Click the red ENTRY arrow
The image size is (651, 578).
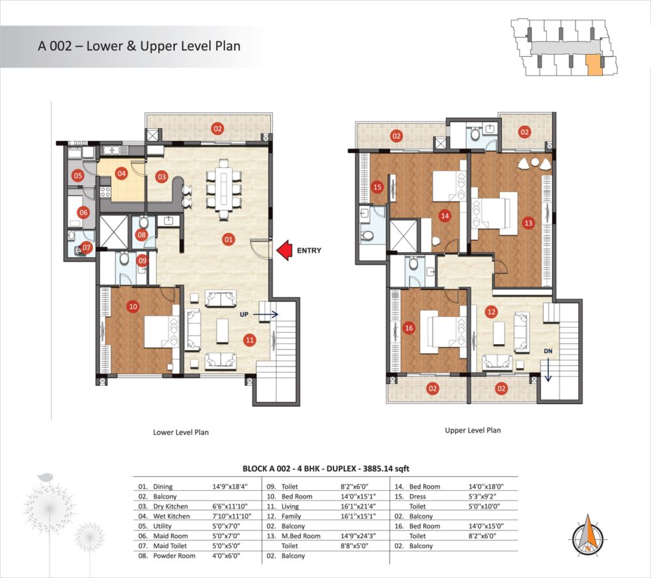284,251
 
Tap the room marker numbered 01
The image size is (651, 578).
229,239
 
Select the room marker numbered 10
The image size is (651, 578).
133,307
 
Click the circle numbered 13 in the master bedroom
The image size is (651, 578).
528,223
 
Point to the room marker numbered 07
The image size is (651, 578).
87,248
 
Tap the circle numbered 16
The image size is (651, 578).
409,328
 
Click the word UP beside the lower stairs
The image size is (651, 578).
244,315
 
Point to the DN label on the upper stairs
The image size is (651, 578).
548,351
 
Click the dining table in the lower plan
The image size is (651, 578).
224,190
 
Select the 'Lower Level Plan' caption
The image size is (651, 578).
181,432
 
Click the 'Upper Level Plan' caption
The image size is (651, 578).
473,430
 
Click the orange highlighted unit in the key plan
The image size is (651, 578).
594,65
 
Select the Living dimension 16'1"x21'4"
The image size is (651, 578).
358,506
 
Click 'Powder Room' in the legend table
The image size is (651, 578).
174,556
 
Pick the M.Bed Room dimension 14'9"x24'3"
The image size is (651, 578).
358,536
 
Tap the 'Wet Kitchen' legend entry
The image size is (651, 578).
171,516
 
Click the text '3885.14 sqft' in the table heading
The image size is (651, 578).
386,469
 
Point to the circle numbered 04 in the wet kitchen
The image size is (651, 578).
121,173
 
